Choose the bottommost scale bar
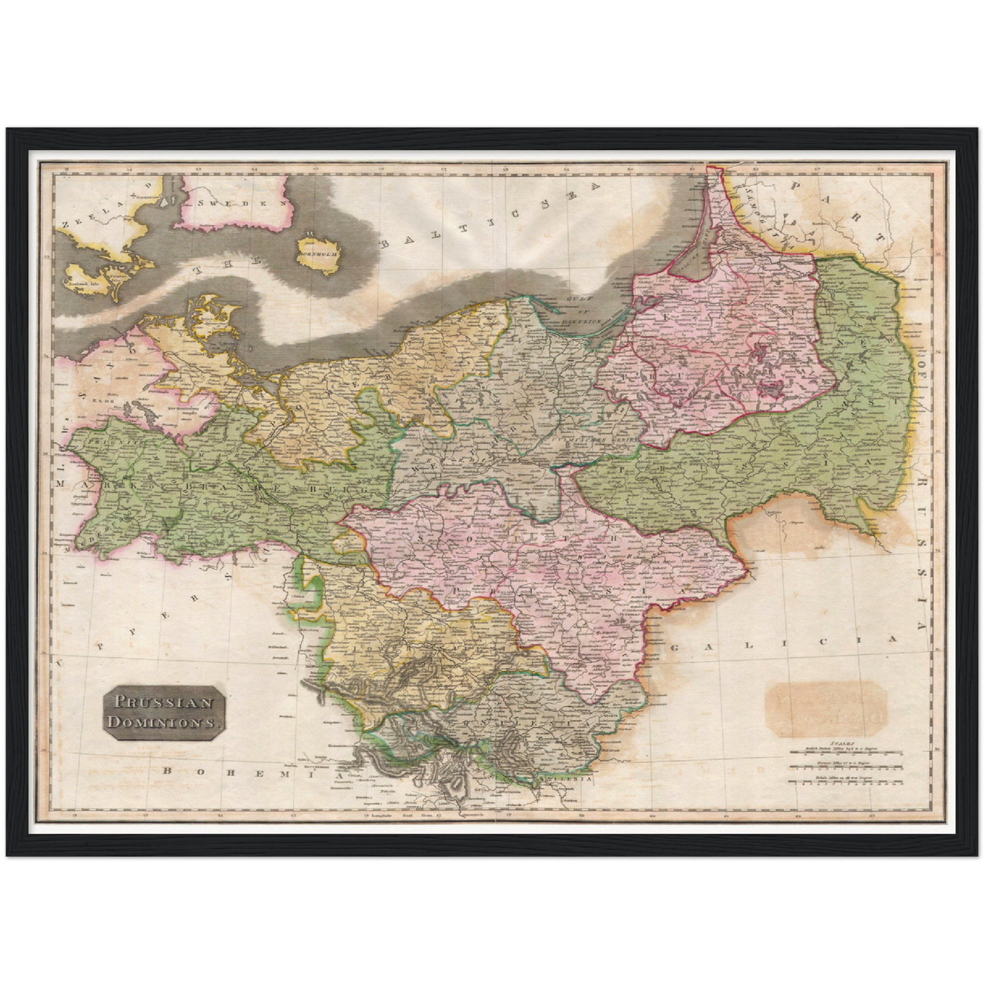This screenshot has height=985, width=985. (x=845, y=782)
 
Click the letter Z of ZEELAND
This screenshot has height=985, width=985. (x=65, y=224)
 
